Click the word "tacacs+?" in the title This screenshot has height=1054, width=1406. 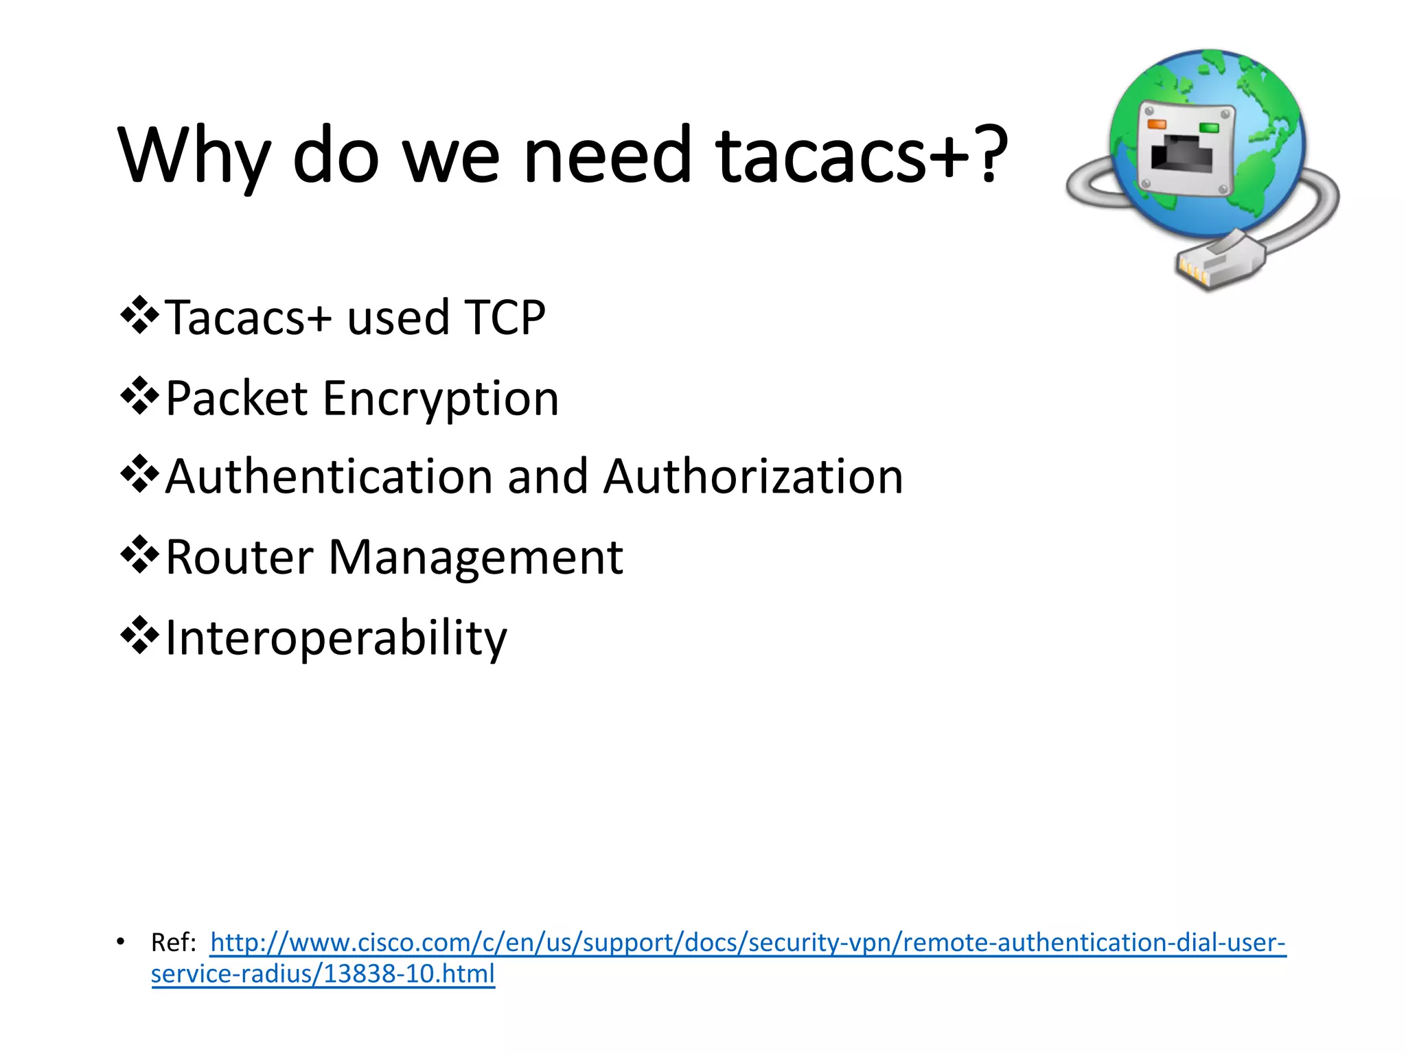(862, 156)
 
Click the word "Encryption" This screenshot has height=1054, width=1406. (441, 399)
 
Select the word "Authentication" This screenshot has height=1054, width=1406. (329, 477)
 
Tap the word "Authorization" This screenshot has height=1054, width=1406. (753, 477)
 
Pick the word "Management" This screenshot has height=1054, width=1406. (476, 557)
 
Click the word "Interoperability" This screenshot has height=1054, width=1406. (336, 638)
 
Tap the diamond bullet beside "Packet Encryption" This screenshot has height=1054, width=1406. (139, 396)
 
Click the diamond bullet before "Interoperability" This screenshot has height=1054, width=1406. (139, 635)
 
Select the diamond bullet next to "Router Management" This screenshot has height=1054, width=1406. (139, 555)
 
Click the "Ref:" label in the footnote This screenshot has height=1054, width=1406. (174, 943)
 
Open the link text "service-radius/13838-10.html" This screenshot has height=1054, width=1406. (323, 974)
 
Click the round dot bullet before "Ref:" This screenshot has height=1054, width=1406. (121, 941)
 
